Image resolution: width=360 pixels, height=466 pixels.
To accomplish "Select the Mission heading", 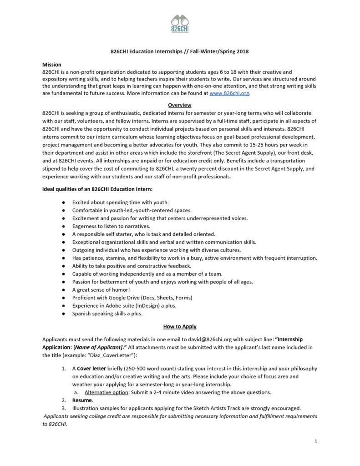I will point(51,64).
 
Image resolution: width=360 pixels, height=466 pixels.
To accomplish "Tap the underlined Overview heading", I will point(180,105).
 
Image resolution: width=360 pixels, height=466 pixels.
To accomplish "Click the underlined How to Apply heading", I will point(180,326).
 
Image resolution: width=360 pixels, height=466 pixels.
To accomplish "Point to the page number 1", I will point(315,441).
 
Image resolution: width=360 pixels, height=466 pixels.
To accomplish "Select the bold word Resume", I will point(82,400).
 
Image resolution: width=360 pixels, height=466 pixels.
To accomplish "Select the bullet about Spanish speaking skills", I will point(107,314).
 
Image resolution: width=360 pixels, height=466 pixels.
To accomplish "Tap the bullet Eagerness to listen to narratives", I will point(111,226).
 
